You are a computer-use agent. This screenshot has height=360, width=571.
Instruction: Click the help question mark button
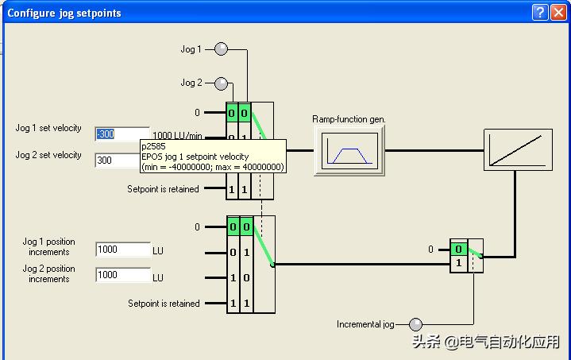[x=540, y=12]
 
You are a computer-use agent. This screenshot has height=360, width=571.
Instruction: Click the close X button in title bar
[x=558, y=12]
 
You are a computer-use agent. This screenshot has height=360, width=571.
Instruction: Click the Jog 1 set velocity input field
[x=122, y=134]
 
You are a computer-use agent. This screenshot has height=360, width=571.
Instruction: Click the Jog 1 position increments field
[x=123, y=250]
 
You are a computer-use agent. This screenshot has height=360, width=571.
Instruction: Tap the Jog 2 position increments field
[x=123, y=275]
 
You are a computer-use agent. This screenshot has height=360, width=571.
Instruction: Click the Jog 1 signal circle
[x=222, y=49]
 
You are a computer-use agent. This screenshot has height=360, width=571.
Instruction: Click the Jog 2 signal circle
[x=222, y=83]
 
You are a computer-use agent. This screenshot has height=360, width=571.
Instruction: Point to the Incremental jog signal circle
[x=415, y=324]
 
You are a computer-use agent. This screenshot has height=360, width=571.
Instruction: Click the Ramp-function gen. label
[x=349, y=119]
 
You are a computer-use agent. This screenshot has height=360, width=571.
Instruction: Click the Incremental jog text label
[x=365, y=324]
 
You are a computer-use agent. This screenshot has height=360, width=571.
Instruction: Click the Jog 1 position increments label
[x=48, y=246]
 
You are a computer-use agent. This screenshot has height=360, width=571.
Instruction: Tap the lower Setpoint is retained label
[x=164, y=304]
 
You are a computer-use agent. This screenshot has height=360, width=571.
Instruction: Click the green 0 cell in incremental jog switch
[x=458, y=249]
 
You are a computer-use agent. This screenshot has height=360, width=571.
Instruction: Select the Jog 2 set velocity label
[x=48, y=155]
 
